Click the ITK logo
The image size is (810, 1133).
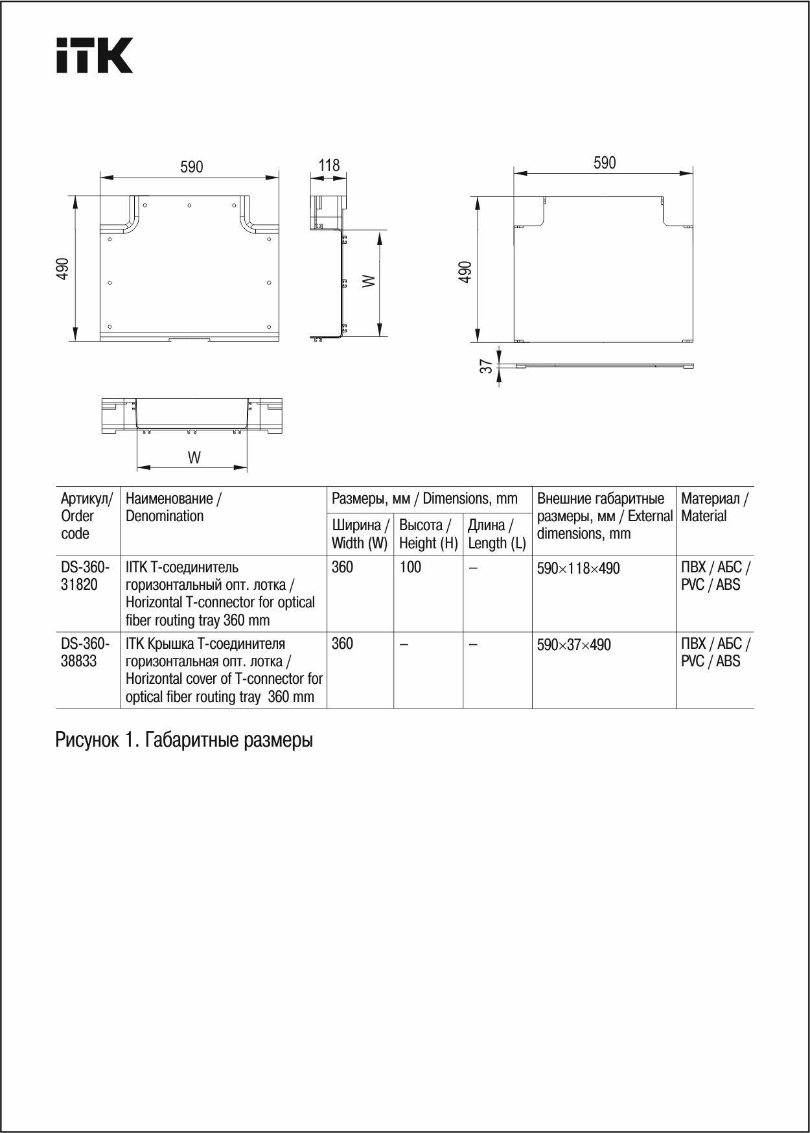(x=94, y=55)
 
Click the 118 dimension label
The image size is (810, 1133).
(x=329, y=165)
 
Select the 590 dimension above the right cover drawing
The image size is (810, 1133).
(x=605, y=163)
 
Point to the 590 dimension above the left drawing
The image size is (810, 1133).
(x=192, y=167)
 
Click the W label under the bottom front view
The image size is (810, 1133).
(x=194, y=458)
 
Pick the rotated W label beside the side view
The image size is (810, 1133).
(x=368, y=281)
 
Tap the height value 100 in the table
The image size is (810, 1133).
(x=410, y=567)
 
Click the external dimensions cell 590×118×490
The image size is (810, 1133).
(x=578, y=568)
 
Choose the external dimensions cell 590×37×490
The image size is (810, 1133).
(x=573, y=645)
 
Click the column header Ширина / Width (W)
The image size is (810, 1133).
(x=360, y=534)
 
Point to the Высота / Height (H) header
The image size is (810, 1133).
(x=428, y=534)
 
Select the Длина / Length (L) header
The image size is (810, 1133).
(x=496, y=534)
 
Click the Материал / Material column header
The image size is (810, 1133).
(x=714, y=508)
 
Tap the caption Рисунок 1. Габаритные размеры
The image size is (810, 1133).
(x=184, y=740)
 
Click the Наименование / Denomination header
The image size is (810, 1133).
(x=173, y=508)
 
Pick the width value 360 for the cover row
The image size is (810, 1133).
(x=342, y=644)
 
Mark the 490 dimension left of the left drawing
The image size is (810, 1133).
(x=62, y=268)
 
